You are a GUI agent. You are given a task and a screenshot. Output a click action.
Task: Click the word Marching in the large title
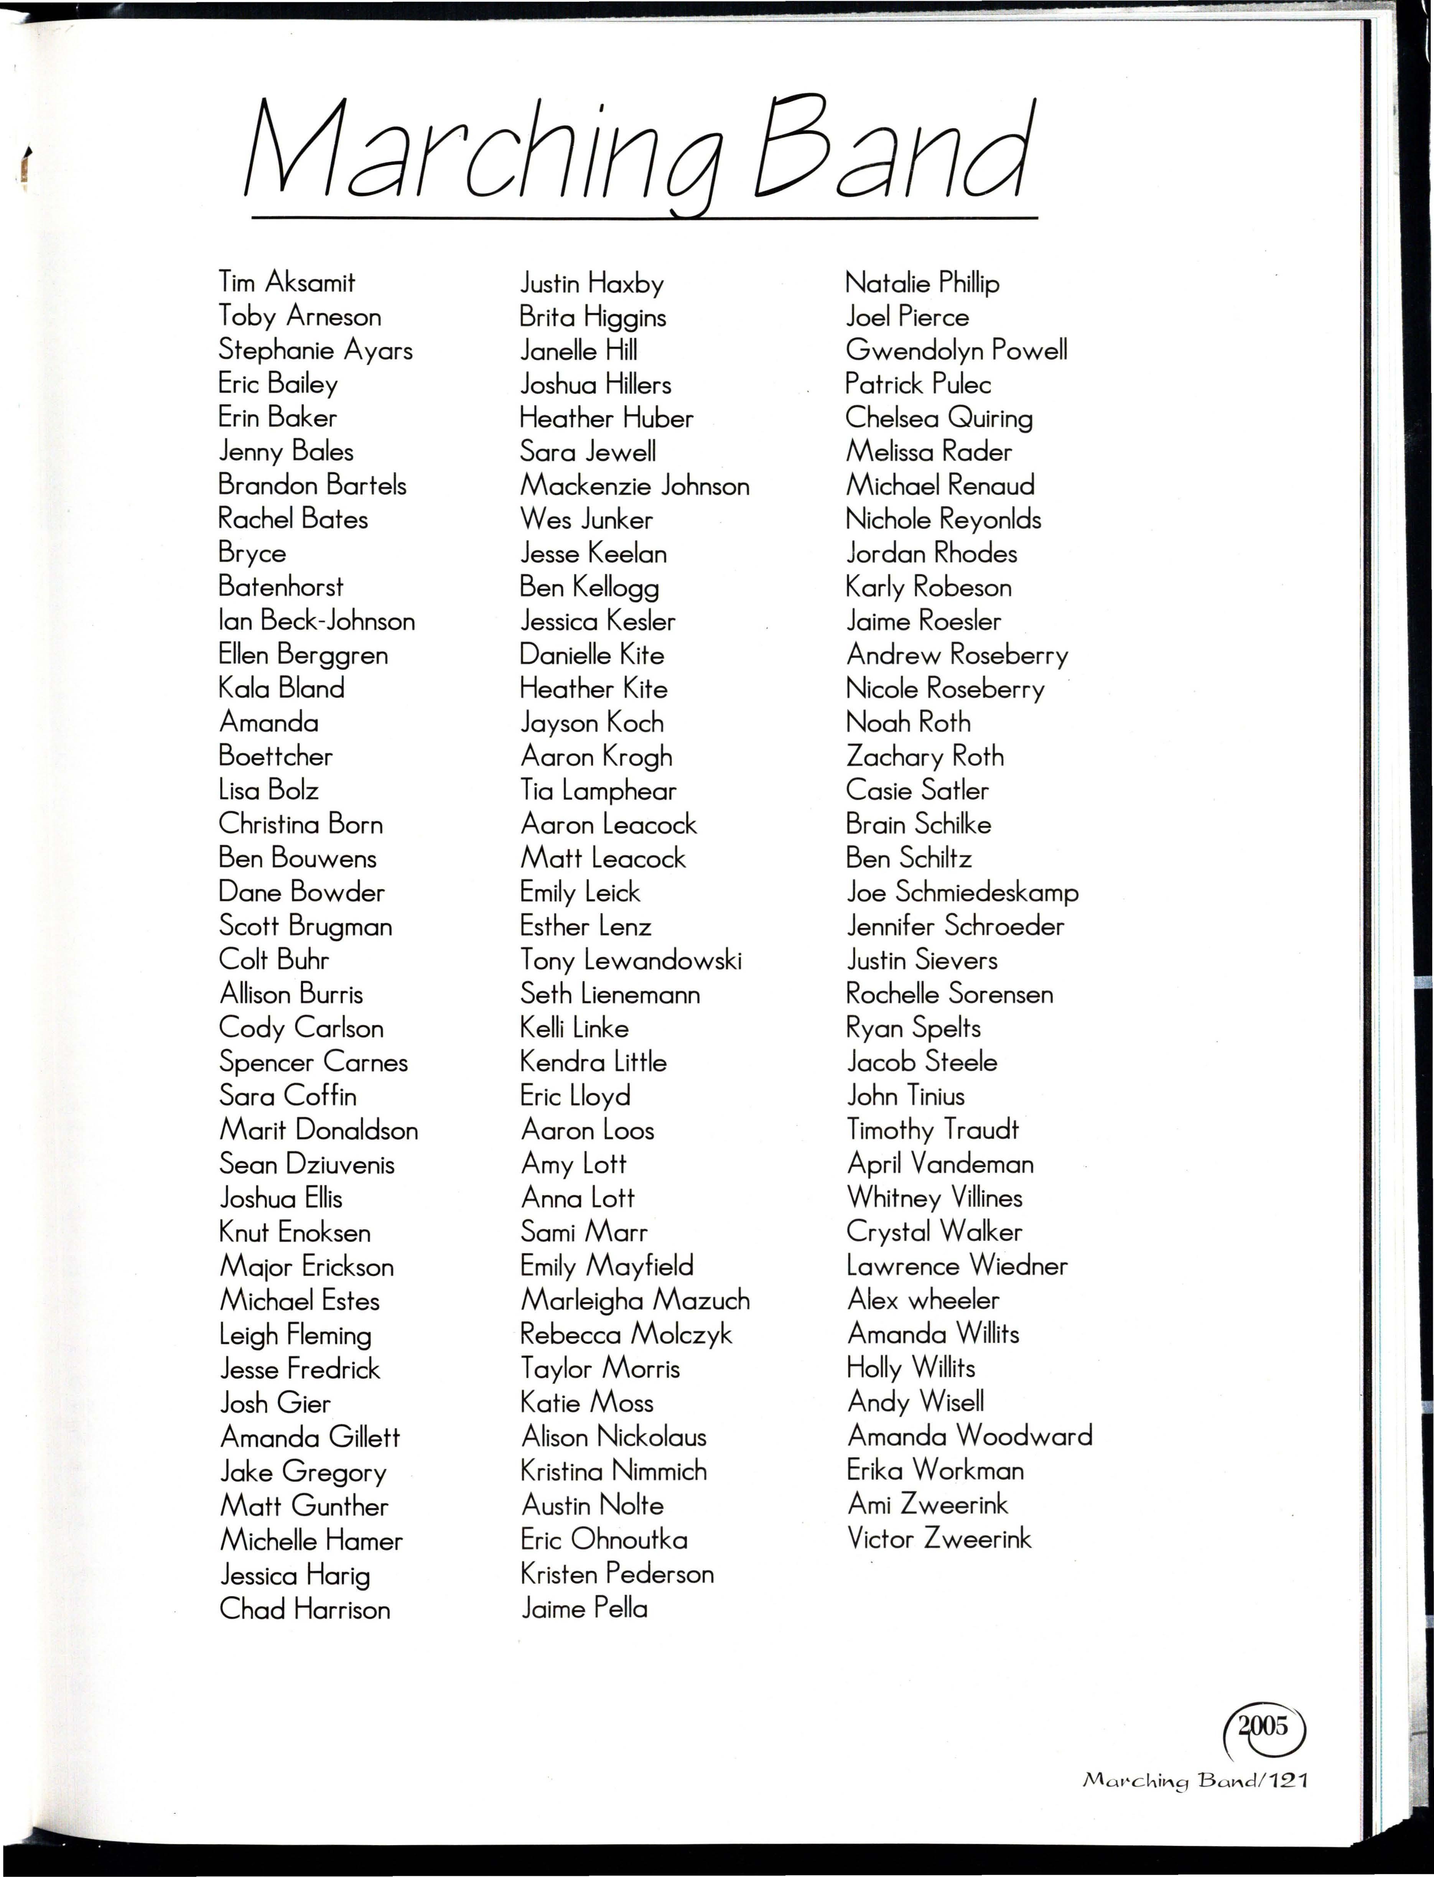coord(482,154)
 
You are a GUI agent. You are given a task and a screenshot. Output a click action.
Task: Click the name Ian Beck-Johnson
coord(317,621)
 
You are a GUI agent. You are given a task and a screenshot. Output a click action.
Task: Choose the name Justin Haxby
coord(591,283)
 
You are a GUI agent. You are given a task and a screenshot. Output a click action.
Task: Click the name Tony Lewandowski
coord(631,960)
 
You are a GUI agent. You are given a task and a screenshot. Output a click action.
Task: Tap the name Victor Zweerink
coord(939,1538)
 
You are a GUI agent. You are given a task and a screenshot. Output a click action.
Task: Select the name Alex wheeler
coord(923,1300)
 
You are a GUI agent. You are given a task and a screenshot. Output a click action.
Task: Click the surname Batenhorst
coord(281,586)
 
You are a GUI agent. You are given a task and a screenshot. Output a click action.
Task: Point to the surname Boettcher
coord(276,756)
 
